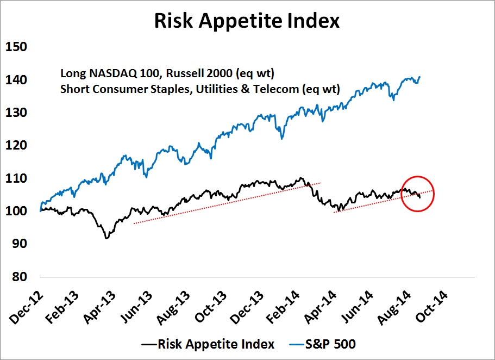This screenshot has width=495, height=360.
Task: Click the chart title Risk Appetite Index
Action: click(247, 21)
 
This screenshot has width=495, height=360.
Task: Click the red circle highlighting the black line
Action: click(417, 194)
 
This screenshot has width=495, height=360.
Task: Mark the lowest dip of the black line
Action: click(106, 238)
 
